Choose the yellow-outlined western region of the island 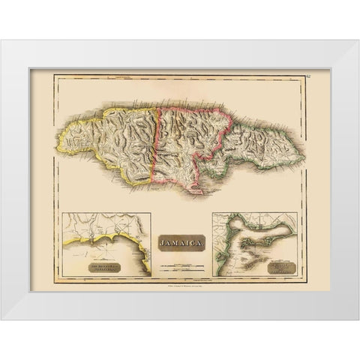(x=109, y=139)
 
